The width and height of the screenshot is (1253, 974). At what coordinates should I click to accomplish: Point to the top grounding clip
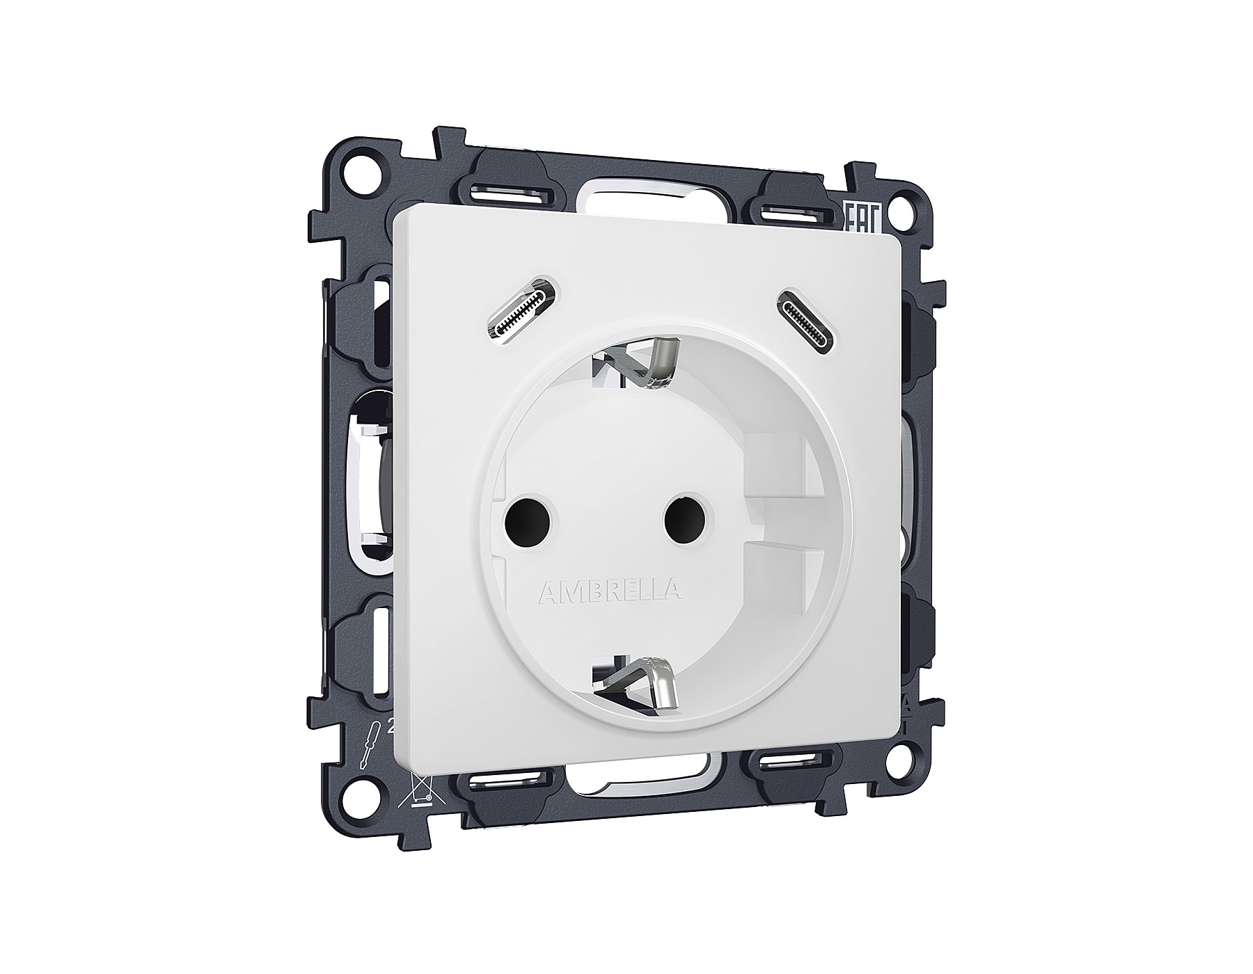pyautogui.click(x=637, y=367)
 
